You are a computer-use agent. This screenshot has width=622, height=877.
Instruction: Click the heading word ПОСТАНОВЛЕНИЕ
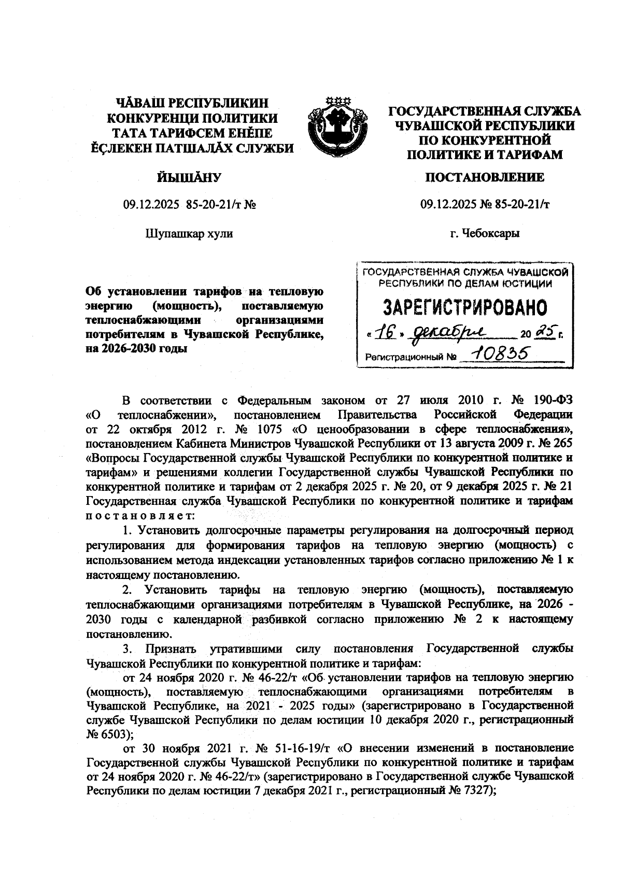pos(485,178)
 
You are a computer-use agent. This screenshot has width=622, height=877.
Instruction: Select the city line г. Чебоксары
pos(485,233)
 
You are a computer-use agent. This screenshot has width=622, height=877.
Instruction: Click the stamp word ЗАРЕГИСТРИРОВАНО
pos(465,308)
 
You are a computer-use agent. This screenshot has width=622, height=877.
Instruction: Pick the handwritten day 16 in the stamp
pos(383,332)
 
